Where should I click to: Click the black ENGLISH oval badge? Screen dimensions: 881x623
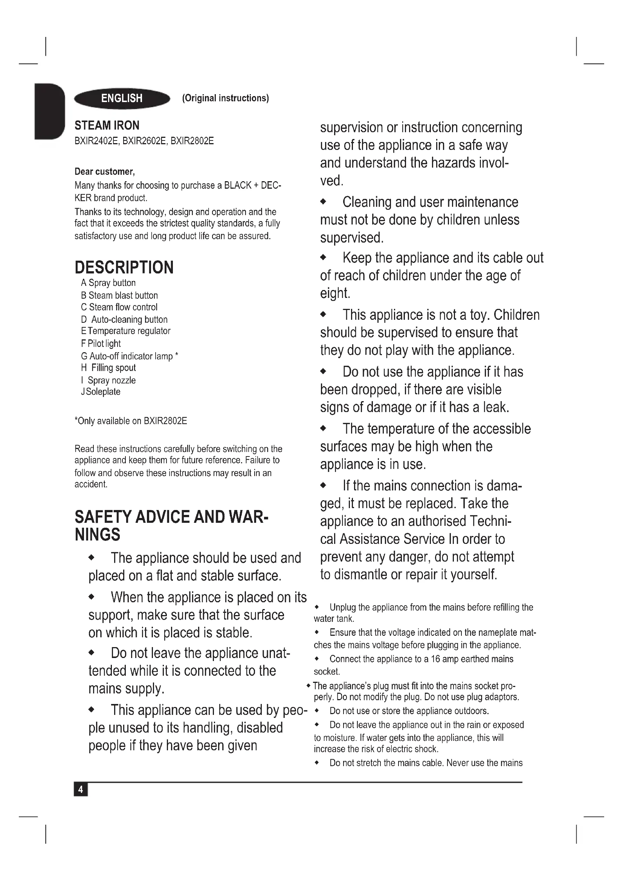[x=122, y=99]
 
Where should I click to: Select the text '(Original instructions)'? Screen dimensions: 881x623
[x=225, y=98]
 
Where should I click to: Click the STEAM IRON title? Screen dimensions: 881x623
[x=107, y=125]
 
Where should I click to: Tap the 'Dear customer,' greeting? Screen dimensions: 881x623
[x=104, y=171]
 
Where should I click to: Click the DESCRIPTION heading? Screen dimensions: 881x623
[x=124, y=267]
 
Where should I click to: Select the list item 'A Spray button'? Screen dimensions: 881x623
[x=108, y=283]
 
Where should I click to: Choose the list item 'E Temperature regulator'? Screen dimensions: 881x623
[x=126, y=331]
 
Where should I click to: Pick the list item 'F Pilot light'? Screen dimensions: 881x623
[x=101, y=344]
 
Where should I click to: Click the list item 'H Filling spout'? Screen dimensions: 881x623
[x=108, y=368]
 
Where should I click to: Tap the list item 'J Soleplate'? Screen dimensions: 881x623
[x=101, y=392]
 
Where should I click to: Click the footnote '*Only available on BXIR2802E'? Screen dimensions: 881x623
[x=130, y=421]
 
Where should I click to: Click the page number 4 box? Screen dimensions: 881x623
[x=81, y=789]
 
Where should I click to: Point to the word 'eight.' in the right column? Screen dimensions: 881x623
[x=335, y=293]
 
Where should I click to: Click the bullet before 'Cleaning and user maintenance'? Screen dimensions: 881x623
[x=323, y=202]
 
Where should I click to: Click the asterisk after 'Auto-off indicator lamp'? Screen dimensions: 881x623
[x=176, y=355]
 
